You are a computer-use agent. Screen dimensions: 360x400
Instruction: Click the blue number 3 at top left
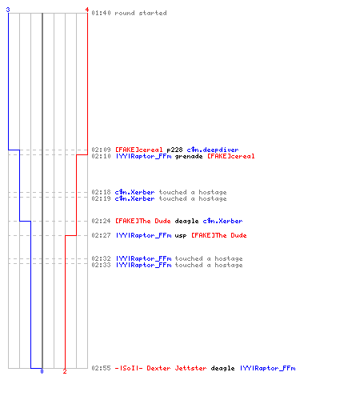(8, 10)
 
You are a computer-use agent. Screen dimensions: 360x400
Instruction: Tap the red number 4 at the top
(87, 10)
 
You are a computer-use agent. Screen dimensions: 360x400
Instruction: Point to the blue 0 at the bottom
(42, 371)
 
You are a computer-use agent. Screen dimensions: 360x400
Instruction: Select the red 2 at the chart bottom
(65, 371)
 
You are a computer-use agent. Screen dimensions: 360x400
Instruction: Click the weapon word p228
(174, 150)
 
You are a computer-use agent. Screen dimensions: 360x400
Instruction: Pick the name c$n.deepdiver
(213, 150)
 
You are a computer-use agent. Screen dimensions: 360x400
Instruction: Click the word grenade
(189, 156)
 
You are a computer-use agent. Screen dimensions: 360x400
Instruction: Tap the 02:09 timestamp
(101, 150)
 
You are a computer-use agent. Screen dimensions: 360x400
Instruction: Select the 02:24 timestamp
(101, 221)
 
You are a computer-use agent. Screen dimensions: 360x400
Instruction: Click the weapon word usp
(181, 235)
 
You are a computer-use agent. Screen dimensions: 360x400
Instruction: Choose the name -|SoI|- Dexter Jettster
(161, 368)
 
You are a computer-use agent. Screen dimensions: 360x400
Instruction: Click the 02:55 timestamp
(101, 368)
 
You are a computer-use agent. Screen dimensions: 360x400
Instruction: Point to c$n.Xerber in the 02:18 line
(134, 192)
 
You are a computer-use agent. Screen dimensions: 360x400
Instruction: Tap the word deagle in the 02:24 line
(186, 221)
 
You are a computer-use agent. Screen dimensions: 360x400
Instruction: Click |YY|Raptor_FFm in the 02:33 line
(143, 265)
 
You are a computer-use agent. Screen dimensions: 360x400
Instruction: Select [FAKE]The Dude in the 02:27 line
(219, 235)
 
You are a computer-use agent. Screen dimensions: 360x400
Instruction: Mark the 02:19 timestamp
(101, 198)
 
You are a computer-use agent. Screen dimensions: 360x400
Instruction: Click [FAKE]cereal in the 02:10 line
(231, 156)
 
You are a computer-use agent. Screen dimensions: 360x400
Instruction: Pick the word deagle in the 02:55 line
(222, 369)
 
